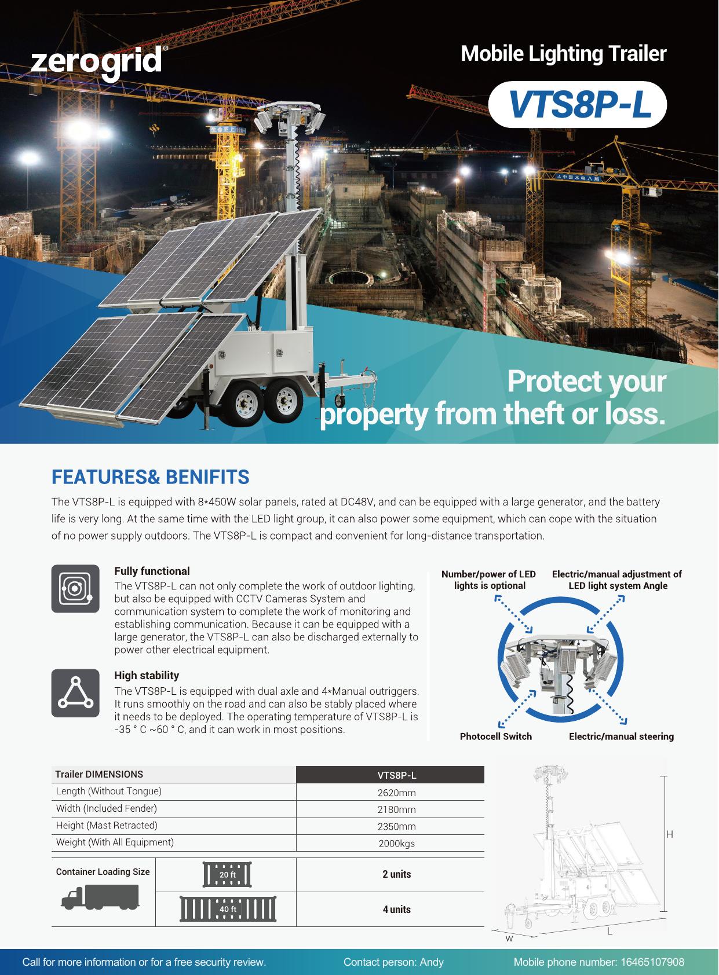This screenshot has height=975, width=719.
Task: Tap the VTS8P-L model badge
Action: click(578, 105)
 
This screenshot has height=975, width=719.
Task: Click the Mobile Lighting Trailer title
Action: click(563, 54)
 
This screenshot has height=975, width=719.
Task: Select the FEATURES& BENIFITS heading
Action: click(150, 477)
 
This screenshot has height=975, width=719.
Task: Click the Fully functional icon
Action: click(75, 588)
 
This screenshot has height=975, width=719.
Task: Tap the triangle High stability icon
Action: click(75, 693)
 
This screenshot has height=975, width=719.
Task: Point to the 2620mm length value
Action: click(396, 793)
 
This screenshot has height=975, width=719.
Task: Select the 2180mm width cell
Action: click(396, 809)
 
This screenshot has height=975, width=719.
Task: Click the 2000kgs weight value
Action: click(396, 844)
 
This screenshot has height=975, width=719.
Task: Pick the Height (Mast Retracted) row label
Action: click(107, 825)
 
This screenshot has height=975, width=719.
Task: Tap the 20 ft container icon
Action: click(228, 874)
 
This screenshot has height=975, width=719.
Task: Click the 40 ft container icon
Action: click(228, 909)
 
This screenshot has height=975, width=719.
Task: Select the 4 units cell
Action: click(396, 910)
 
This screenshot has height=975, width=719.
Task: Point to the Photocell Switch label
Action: click(495, 736)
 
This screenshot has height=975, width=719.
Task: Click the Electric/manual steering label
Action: click(621, 736)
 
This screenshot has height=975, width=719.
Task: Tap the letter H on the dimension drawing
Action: click(669, 834)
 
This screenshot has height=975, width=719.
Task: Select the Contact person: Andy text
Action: click(393, 962)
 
